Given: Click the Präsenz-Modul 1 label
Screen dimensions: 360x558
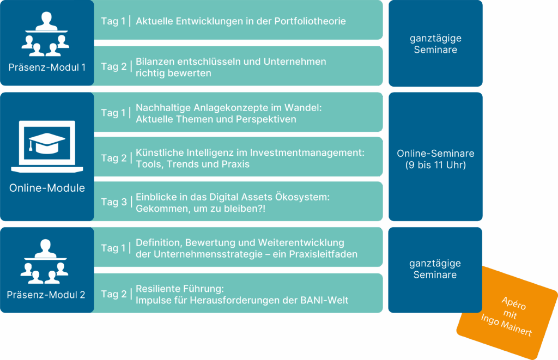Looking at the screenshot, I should tap(47, 68).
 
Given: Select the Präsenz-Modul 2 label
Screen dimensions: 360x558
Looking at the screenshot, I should tap(46, 295).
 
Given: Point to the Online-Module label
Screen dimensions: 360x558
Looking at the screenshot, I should tap(47, 188).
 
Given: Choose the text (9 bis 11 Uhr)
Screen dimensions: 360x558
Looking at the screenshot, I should tap(435, 165).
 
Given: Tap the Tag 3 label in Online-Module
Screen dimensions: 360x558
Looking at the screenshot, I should tap(113, 202).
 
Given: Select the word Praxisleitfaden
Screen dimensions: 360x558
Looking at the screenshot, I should tap(324, 254).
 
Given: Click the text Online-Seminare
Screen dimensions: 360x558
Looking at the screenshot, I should tap(435, 154).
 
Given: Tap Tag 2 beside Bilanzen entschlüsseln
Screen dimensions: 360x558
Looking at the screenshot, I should tap(113, 66).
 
